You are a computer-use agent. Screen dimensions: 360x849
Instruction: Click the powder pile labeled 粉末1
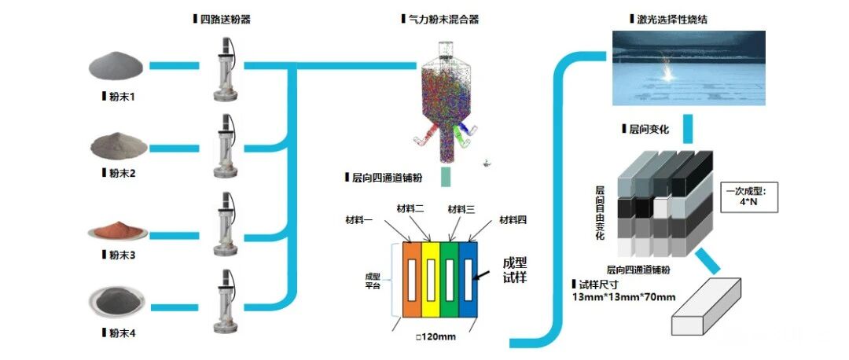(x=116, y=67)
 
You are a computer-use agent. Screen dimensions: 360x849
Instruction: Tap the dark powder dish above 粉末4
(x=116, y=300)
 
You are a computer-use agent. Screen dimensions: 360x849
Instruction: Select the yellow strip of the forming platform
(x=432, y=279)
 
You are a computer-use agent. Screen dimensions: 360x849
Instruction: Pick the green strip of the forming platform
(x=450, y=279)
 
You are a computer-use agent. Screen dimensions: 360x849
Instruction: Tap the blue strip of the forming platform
(x=469, y=279)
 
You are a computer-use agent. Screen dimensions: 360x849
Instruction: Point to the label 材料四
(x=512, y=219)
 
